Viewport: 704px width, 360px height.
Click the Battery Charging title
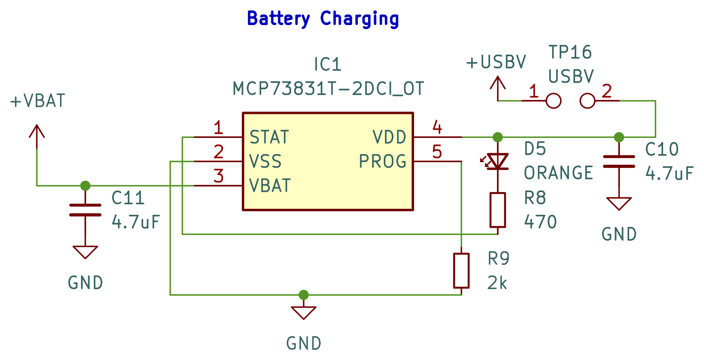click(323, 19)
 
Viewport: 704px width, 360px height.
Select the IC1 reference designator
click(328, 65)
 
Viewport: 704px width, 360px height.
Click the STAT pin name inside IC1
click(269, 137)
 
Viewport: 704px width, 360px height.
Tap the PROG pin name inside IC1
click(383, 161)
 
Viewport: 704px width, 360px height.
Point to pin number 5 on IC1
click(437, 152)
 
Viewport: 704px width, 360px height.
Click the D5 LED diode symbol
click(498, 161)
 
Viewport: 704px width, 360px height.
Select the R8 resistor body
click(498, 210)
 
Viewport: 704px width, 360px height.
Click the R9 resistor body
click(461, 271)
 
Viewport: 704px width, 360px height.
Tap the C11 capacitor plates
click(85, 210)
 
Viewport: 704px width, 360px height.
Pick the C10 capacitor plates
click(619, 161)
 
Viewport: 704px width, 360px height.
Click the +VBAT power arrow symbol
click(37, 132)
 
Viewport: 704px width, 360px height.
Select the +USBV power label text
click(496, 62)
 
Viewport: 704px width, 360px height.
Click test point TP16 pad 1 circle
click(554, 101)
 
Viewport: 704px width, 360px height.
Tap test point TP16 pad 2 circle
click(587, 101)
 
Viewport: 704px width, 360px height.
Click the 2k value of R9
click(497, 283)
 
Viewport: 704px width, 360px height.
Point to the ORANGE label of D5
click(558, 173)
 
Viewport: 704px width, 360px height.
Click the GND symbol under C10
click(619, 203)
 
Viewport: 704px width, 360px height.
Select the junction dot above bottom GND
click(304, 295)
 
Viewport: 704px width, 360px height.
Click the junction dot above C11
click(85, 186)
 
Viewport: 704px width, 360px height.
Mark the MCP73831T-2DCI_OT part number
click(328, 89)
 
